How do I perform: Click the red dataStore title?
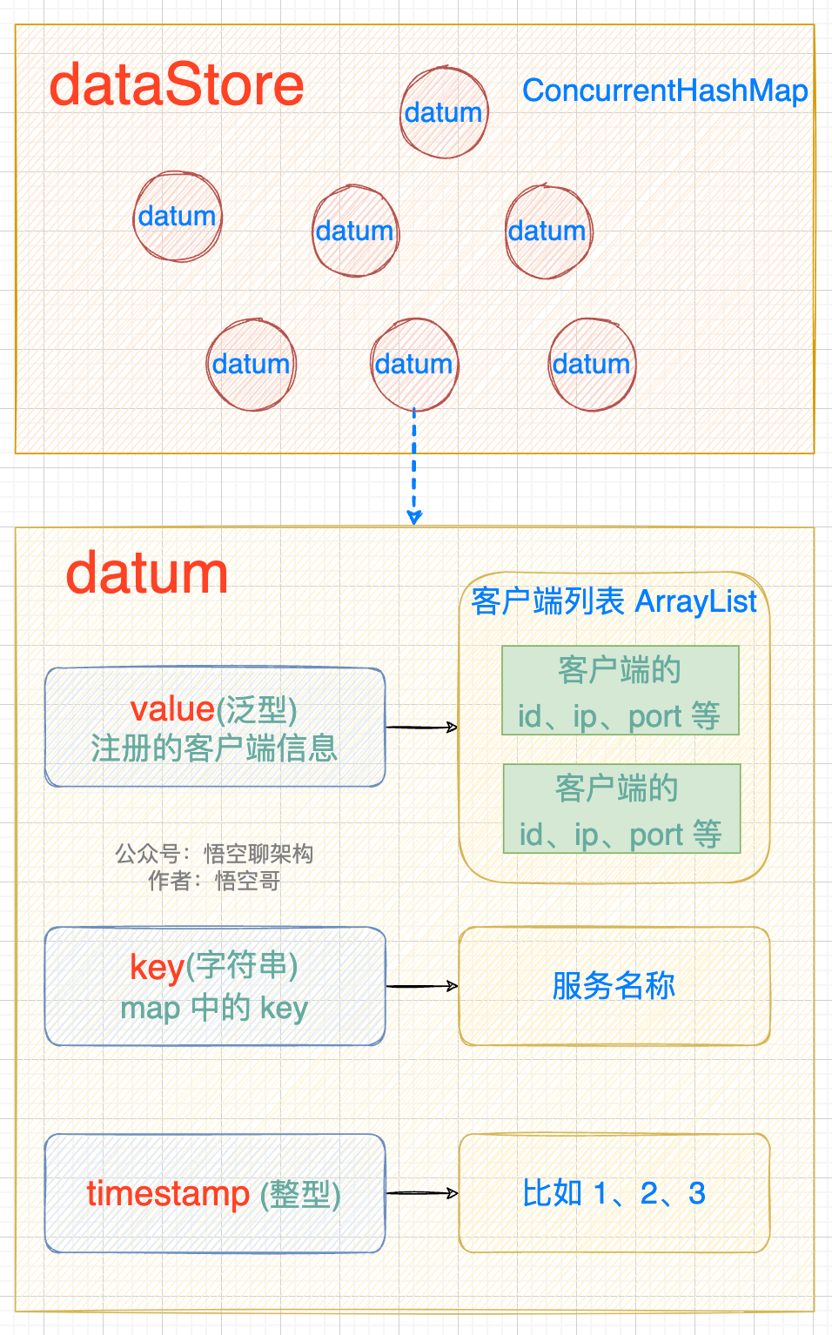coord(177,85)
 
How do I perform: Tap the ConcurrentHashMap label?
coord(665,91)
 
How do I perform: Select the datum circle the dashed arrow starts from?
coord(414,364)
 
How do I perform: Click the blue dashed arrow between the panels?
coord(414,466)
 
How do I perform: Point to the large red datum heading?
coord(147,574)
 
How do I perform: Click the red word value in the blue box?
coord(171,709)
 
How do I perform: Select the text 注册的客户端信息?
coord(214,748)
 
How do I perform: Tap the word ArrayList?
coord(696,601)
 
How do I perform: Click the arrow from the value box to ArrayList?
coord(421,727)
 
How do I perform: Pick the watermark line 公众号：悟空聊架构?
coord(214,854)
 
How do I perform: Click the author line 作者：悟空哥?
coord(214,882)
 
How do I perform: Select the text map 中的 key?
coord(214,1009)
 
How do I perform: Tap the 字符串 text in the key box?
coord(246,966)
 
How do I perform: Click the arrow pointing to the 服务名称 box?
coord(421,986)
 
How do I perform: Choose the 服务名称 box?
coord(614,986)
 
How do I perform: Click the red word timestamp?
coord(168,1193)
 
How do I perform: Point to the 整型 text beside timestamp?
coord(301,1194)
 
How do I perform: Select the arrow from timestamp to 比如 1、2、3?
coord(421,1193)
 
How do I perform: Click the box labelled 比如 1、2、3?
coord(614,1193)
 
